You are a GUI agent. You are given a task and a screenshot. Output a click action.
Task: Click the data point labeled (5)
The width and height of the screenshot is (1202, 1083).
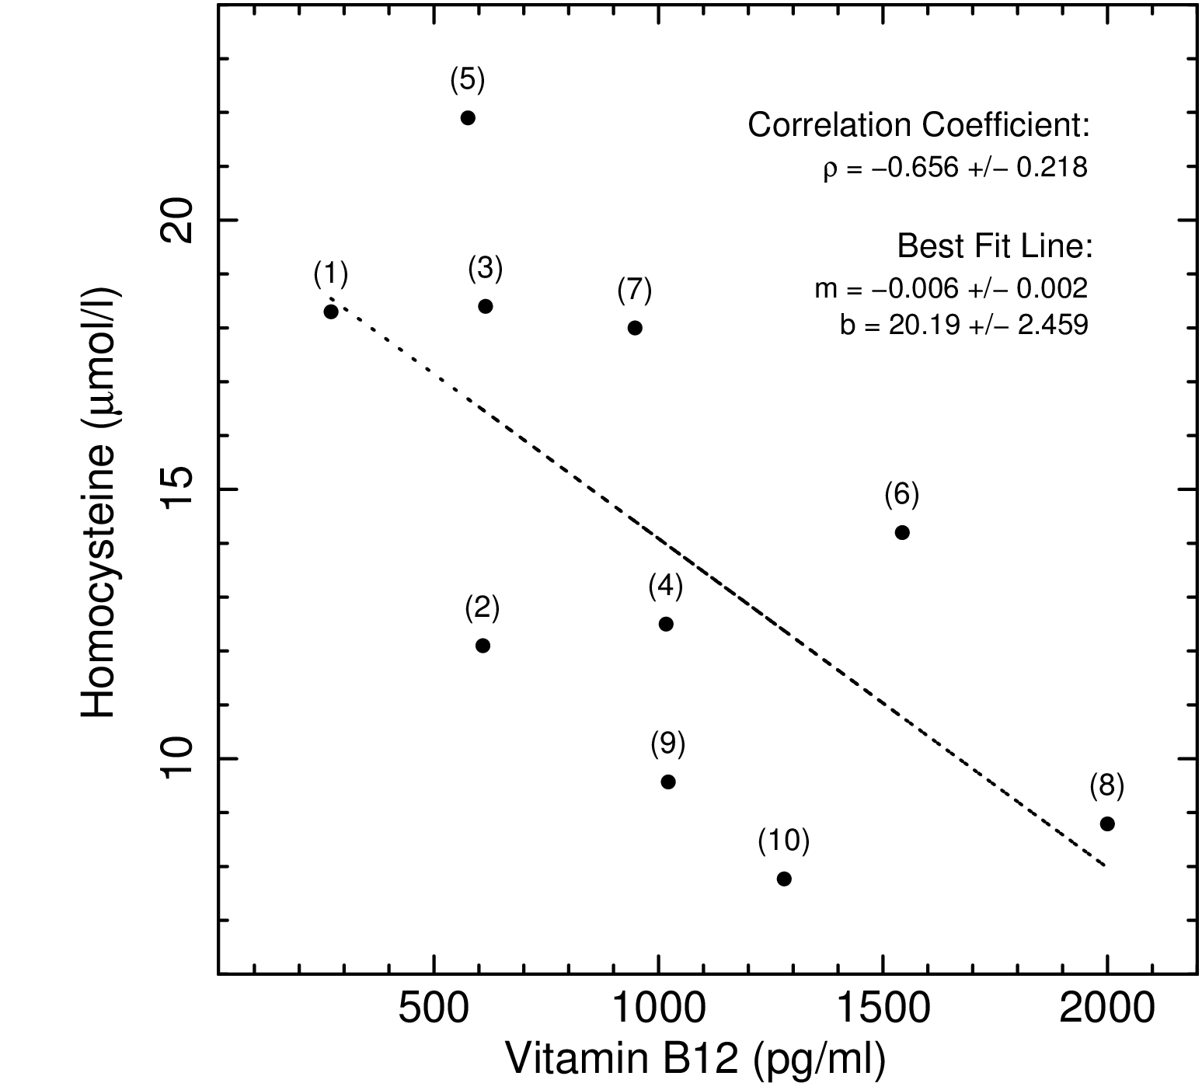[468, 118]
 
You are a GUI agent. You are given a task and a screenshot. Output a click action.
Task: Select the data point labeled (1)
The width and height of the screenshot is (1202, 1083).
[331, 312]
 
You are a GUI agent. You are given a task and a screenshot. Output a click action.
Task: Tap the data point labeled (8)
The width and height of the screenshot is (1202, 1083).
[1107, 824]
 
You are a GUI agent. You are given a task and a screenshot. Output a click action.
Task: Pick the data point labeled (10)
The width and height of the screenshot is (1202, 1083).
[784, 879]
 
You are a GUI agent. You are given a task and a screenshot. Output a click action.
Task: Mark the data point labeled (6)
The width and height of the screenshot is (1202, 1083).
[902, 532]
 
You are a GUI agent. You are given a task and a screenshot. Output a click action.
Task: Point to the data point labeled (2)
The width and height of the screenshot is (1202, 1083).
[483, 646]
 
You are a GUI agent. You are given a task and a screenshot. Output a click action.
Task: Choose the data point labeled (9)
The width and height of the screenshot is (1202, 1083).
[668, 782]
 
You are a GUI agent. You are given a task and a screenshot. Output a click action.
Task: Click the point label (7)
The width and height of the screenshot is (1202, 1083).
[635, 291]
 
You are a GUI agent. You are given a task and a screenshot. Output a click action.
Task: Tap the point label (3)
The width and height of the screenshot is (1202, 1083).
[486, 269]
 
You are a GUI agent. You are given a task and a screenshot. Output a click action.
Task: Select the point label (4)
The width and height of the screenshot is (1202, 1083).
[666, 587]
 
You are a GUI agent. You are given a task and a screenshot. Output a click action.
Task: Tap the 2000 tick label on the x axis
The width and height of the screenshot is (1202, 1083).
[1107, 1011]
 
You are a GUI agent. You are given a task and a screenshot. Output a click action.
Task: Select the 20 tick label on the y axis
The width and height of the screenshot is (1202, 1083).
[176, 221]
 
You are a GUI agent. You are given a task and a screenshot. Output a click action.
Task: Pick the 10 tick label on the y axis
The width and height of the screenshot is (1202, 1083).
[176, 758]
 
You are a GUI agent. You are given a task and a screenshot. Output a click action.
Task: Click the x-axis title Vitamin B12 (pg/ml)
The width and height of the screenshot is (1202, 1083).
[695, 1059]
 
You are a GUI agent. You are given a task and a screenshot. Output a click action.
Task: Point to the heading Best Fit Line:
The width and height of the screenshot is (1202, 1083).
[995, 246]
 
